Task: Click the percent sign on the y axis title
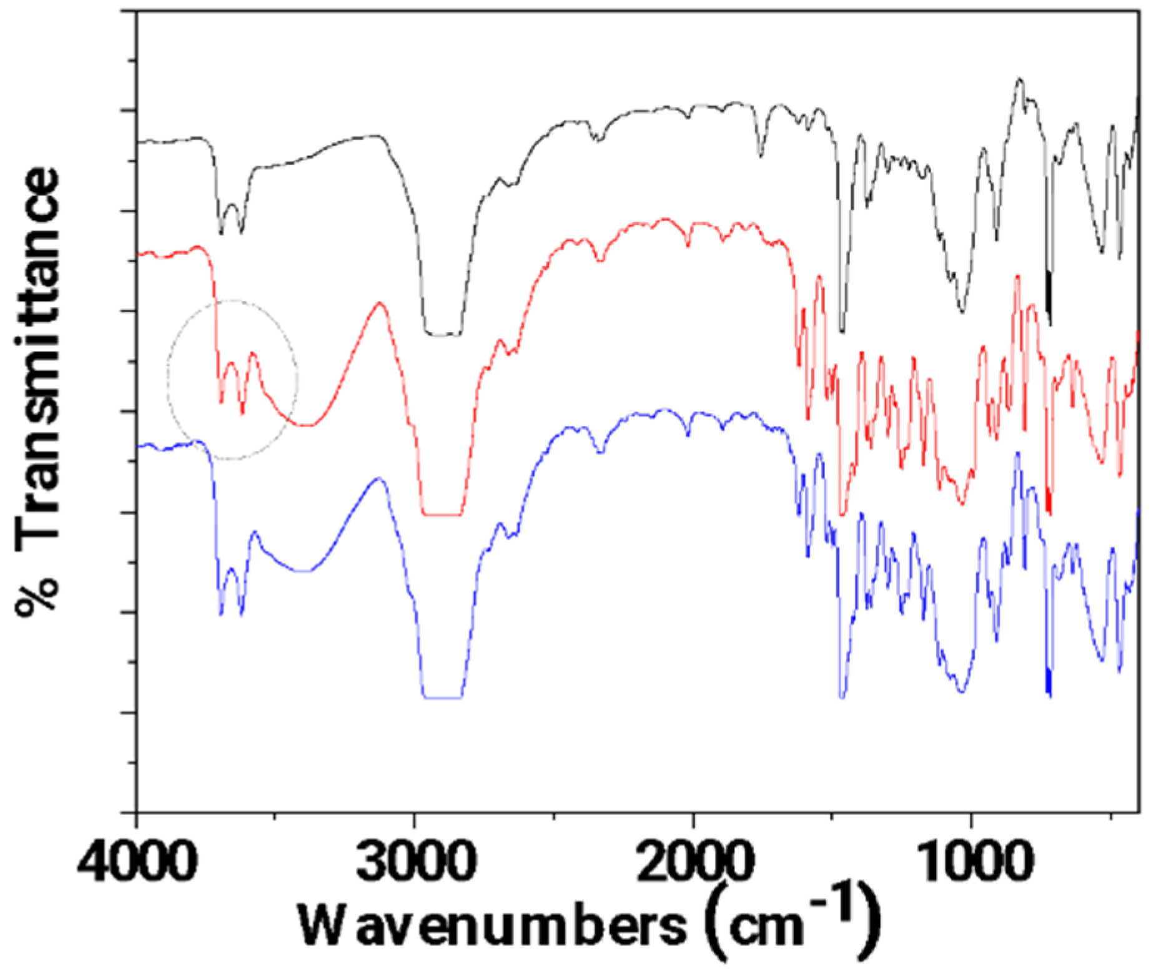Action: pyautogui.click(x=37, y=596)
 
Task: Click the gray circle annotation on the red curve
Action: pyautogui.click(x=232, y=379)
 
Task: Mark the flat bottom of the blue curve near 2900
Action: pyautogui.click(x=442, y=697)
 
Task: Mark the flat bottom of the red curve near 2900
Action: pyautogui.click(x=442, y=515)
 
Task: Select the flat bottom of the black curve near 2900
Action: pyautogui.click(x=442, y=335)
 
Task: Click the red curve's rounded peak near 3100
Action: pyautogui.click(x=379, y=303)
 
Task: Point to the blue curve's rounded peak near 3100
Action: pyautogui.click(x=378, y=479)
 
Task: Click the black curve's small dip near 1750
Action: pyautogui.click(x=760, y=154)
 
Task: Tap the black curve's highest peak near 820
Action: pyautogui.click(x=1020, y=79)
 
